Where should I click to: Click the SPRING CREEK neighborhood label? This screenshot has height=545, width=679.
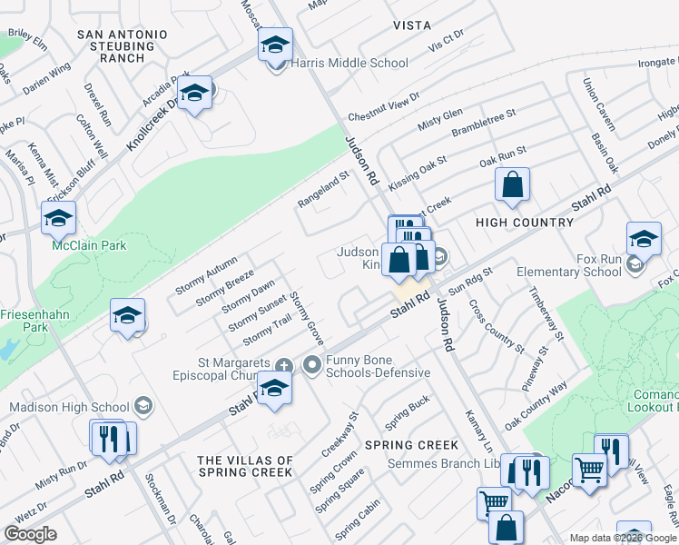point(412,445)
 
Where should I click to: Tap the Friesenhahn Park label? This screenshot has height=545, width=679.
point(32,319)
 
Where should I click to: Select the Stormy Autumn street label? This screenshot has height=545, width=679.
point(207,270)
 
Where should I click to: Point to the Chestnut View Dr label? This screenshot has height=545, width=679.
point(384,106)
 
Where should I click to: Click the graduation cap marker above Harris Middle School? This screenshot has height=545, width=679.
point(275,44)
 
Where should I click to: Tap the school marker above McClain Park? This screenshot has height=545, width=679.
point(58,218)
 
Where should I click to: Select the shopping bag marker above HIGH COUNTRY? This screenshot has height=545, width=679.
point(513,184)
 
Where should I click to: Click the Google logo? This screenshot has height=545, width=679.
point(31,533)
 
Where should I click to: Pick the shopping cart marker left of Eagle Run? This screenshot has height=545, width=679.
point(589,471)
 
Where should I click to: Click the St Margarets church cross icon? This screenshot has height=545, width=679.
point(284,366)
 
